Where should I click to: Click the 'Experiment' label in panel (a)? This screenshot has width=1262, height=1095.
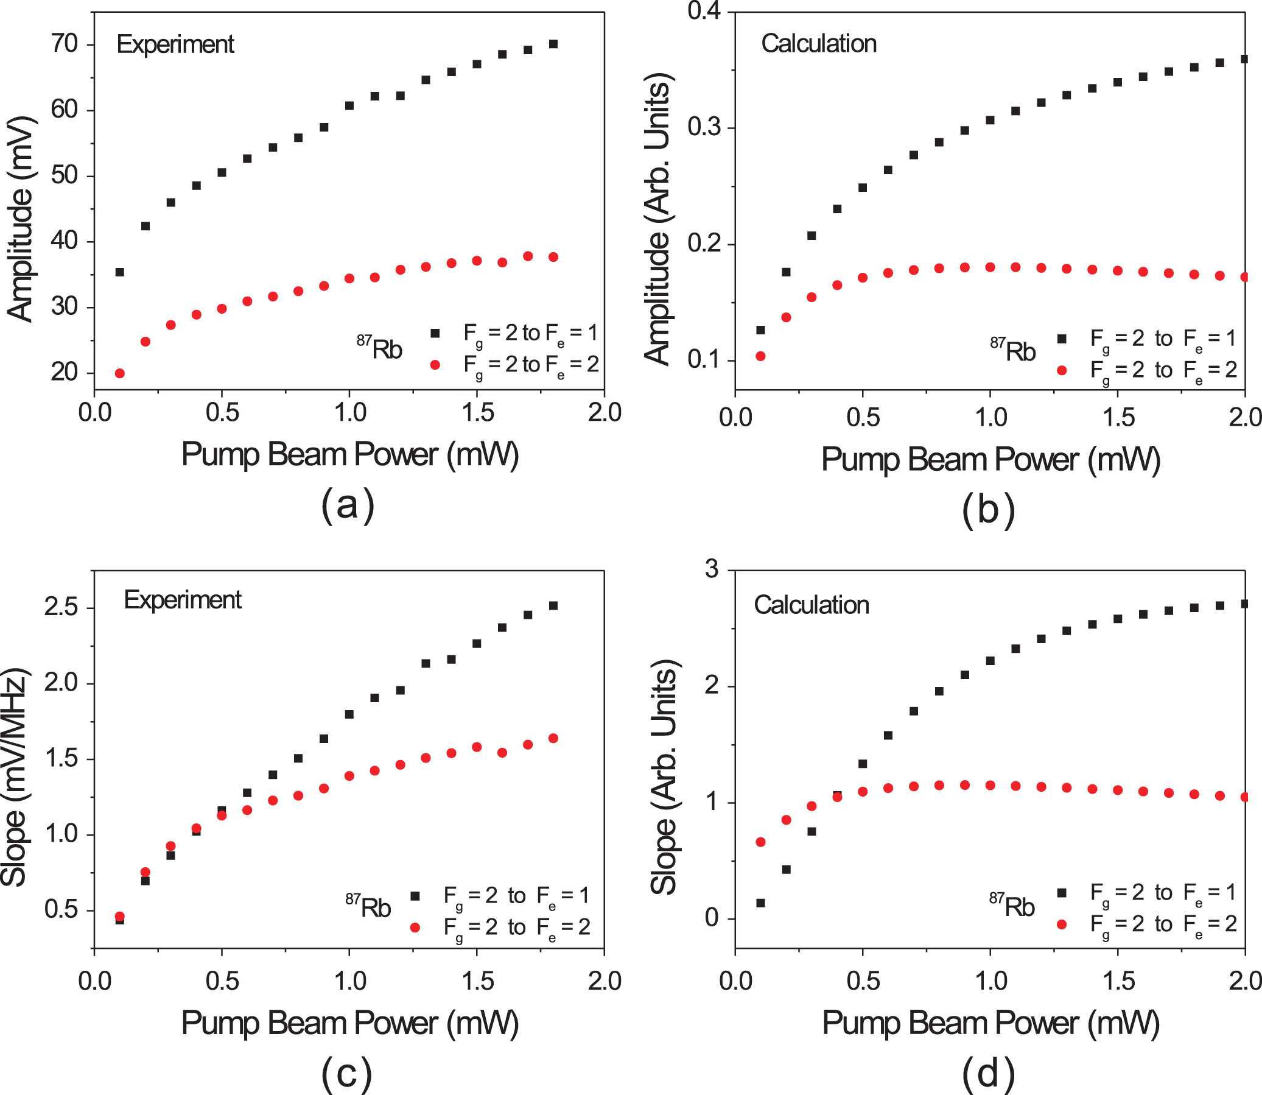[175, 44]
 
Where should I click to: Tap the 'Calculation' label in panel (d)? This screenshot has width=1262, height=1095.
[811, 605]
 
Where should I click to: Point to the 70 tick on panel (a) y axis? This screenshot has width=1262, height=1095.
[64, 44]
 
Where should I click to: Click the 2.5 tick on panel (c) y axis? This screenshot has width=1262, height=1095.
[61, 607]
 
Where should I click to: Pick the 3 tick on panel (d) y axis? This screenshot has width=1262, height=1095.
[712, 569]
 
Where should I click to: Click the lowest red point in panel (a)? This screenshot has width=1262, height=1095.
[120, 373]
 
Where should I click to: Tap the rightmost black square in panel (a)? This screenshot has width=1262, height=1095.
[553, 44]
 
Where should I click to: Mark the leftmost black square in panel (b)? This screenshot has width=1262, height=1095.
[760, 330]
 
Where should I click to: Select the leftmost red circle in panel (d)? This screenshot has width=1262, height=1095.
[760, 842]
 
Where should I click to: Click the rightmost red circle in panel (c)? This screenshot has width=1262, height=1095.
[553, 738]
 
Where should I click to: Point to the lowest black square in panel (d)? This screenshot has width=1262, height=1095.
[760, 903]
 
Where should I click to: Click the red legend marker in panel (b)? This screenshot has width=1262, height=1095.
[1062, 370]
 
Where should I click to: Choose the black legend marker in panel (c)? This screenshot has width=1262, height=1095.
[415, 896]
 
